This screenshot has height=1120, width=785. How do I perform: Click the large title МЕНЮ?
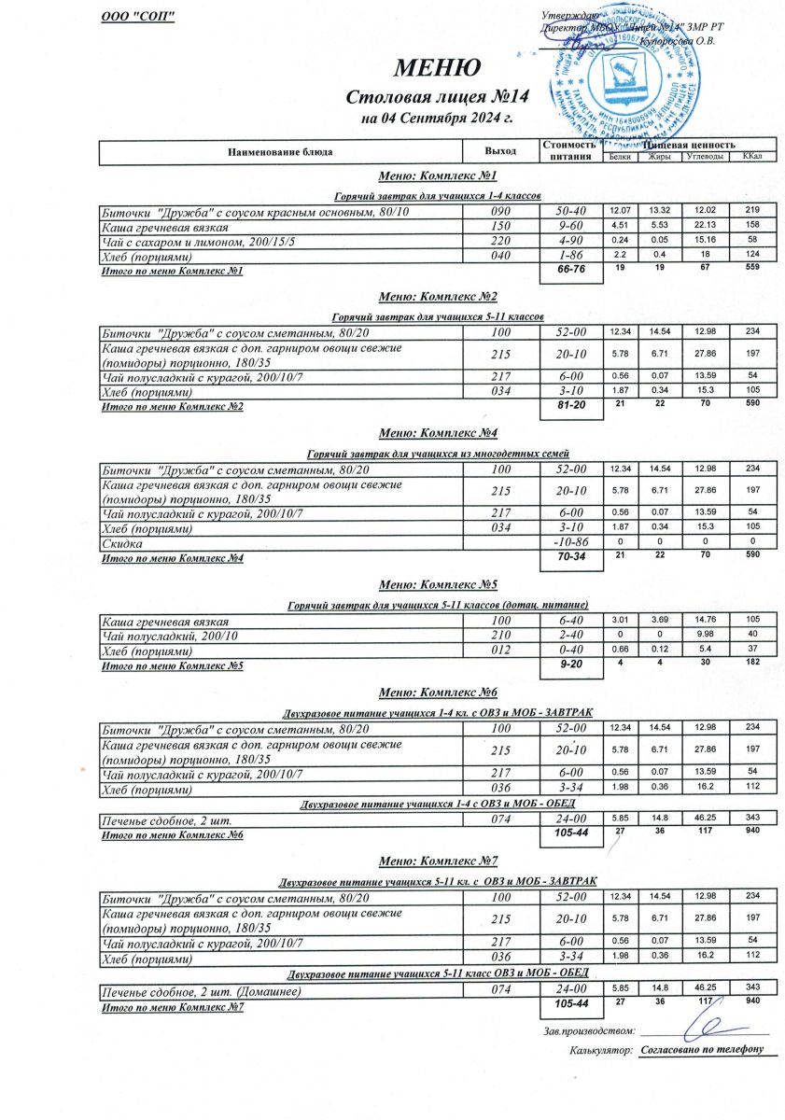(437, 68)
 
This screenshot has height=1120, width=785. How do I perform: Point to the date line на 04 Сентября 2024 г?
(437, 119)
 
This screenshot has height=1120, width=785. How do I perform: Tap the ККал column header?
(752, 157)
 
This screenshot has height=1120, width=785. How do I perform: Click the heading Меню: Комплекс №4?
(437, 432)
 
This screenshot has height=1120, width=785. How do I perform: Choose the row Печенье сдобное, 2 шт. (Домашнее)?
(201, 991)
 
